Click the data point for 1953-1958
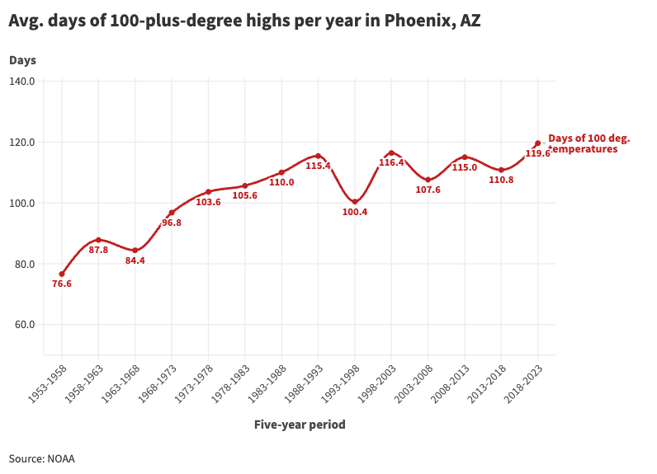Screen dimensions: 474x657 tap(62, 274)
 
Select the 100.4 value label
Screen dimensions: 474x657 tap(355, 213)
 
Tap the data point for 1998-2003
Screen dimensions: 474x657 tap(391, 153)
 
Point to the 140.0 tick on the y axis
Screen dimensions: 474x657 tap(21, 81)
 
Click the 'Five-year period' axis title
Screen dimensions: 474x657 tap(300, 425)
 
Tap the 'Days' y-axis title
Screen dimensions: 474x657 tap(23, 60)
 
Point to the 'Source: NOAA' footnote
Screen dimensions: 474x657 tap(42, 458)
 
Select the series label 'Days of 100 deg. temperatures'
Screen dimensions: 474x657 tap(588, 144)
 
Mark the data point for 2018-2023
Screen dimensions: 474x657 tap(538, 143)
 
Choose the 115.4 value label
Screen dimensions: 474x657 tap(318, 167)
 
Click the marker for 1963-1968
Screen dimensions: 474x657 tap(135, 251)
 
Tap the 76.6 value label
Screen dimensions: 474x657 tap(62, 284)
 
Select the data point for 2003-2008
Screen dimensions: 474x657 tap(428, 180)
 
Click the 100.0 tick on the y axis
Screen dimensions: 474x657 tap(21, 203)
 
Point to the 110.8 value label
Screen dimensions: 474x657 tap(501, 180)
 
